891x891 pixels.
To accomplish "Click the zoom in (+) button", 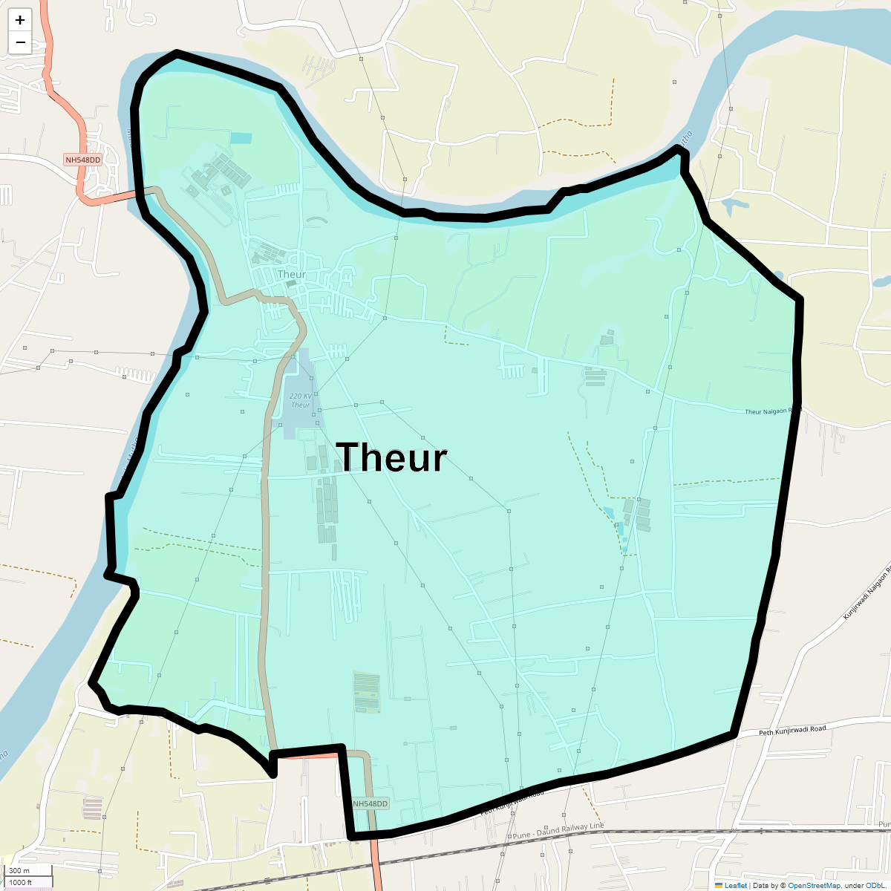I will coord(20,20).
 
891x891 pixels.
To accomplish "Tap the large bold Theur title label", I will coord(391,457).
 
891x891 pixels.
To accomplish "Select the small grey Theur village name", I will coord(291,275).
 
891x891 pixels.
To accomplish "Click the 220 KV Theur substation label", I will coord(301,401).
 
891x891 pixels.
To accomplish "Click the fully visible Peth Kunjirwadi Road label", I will coord(792,731).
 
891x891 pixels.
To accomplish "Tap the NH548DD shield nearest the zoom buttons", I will coord(82,160).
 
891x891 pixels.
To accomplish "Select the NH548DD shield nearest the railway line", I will coord(371,804).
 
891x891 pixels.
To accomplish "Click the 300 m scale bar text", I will coord(19,870).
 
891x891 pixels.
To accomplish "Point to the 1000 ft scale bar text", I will coord(22,882).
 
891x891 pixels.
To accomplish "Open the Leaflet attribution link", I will coord(735,885).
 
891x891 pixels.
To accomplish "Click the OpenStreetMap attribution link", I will coord(814,885).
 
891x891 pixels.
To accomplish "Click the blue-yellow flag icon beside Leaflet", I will coord(719,885).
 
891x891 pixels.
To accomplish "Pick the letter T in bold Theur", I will coord(350,457).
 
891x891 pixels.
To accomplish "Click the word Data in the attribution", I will coord(760,885).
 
